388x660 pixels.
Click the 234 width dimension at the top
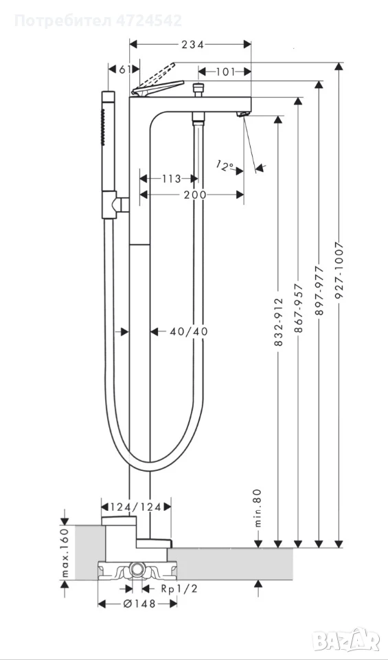coord(192,45)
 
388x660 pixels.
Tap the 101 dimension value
coord(226,72)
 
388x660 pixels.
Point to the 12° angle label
coord(225,166)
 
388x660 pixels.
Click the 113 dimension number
coord(172,179)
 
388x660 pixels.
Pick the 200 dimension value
coord(195,195)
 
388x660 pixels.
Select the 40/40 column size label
coord(189,331)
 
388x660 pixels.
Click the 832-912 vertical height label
coord(278,322)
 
